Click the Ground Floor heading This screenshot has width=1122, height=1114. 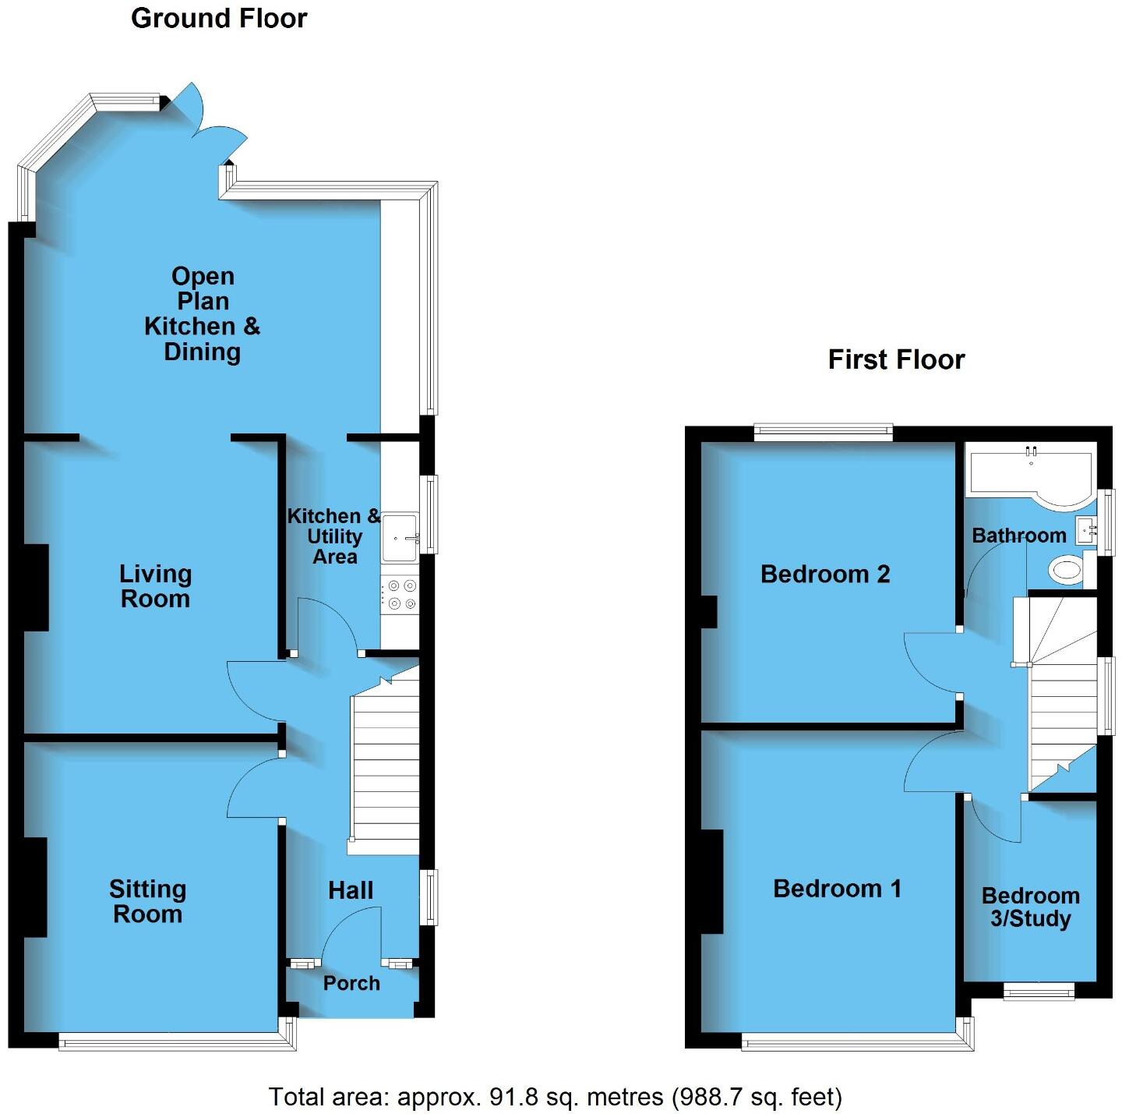tap(219, 18)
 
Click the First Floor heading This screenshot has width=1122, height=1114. tap(896, 359)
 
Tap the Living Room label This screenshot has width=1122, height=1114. tap(155, 586)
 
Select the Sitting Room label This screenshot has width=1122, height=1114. tap(147, 901)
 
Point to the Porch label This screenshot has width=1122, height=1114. tap(351, 983)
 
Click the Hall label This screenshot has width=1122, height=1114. tap(351, 890)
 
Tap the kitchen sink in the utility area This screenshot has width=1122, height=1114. tap(400, 537)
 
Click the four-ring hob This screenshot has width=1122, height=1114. tap(400, 594)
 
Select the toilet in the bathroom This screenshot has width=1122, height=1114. tap(1066, 569)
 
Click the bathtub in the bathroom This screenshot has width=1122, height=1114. tap(1028, 476)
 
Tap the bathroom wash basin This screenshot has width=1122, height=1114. tap(1086, 530)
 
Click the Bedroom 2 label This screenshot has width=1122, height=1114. tap(825, 575)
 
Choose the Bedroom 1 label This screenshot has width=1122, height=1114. tap(837, 889)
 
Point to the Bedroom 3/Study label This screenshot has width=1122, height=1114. tap(1030, 907)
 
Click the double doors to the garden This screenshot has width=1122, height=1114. tap(206, 125)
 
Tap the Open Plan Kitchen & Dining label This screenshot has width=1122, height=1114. tap(203, 314)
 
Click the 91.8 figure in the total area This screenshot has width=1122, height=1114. tap(513, 1098)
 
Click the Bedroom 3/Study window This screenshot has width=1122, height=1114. tap(1039, 990)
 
